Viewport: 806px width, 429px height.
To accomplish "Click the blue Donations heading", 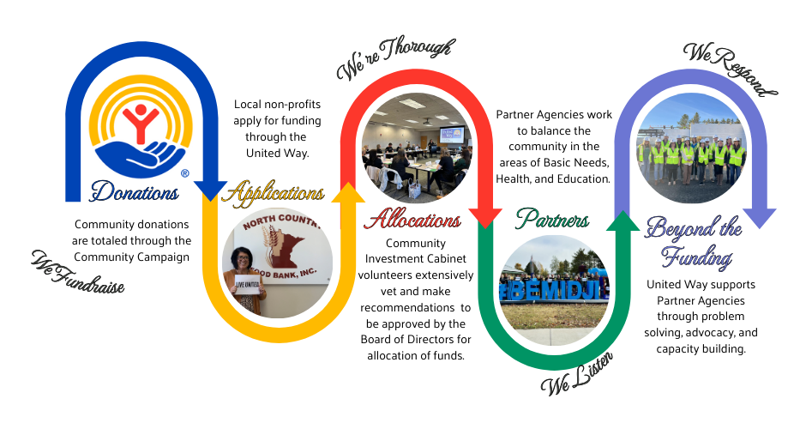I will (135, 191).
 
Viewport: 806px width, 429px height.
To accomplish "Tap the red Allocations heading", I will (412, 220).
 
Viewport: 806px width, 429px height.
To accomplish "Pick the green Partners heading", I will (552, 220).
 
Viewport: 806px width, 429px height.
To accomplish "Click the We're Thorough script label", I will (394, 58).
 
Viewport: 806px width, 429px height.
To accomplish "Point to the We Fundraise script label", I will (78, 272).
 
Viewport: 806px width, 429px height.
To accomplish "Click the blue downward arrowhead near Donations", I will (210, 191).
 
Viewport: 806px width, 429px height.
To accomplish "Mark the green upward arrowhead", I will (623, 219).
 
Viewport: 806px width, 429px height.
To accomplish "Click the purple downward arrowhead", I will (760, 218).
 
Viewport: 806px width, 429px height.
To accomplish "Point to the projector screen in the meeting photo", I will (451, 135).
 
